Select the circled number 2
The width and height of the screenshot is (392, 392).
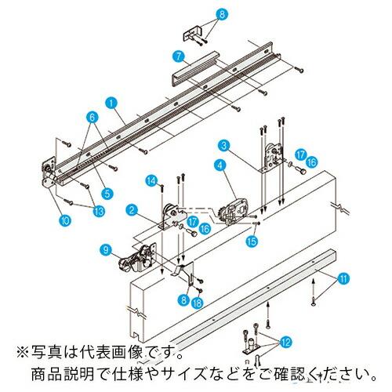pyautogui.click(x=133, y=209)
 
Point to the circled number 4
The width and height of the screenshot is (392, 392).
pyautogui.click(x=220, y=165)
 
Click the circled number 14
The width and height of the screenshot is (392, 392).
pyautogui.click(x=151, y=181)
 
